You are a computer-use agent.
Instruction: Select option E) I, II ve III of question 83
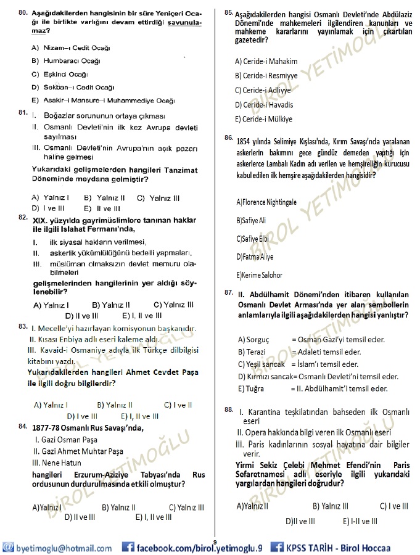tap(140, 416)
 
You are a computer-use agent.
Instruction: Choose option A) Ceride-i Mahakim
tap(266, 61)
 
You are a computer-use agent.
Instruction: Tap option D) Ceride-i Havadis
tap(264, 105)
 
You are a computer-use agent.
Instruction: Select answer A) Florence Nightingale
tap(266, 202)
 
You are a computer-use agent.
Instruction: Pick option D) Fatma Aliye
tap(255, 257)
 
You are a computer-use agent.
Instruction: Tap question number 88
tap(228, 409)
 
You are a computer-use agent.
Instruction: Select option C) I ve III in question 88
tap(393, 506)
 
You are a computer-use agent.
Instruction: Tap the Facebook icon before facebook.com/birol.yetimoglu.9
tap(128, 548)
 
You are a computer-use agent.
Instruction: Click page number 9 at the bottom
tap(215, 541)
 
